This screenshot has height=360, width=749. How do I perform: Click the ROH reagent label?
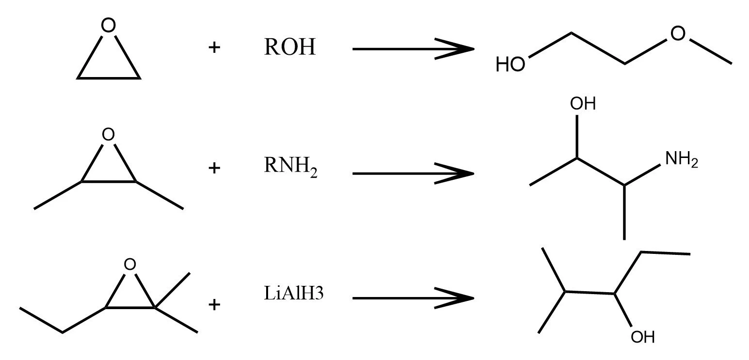point(289,47)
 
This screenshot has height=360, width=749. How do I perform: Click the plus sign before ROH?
point(214,47)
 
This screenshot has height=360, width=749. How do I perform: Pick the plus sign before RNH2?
point(214,169)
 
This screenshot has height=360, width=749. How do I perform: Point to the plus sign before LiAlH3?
point(214,304)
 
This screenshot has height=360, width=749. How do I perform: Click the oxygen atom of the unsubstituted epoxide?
point(109,26)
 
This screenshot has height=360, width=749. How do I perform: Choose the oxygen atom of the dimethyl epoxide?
point(109,134)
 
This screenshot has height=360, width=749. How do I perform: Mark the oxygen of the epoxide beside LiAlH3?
point(129,264)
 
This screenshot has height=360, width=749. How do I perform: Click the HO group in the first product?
point(510,64)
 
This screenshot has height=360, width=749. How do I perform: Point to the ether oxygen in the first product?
point(678,33)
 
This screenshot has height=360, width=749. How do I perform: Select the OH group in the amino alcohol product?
point(583,104)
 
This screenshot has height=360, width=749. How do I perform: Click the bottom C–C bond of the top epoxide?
point(109,78)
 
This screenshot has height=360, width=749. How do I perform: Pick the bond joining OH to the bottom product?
point(623,310)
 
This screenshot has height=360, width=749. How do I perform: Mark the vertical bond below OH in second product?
point(577,136)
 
